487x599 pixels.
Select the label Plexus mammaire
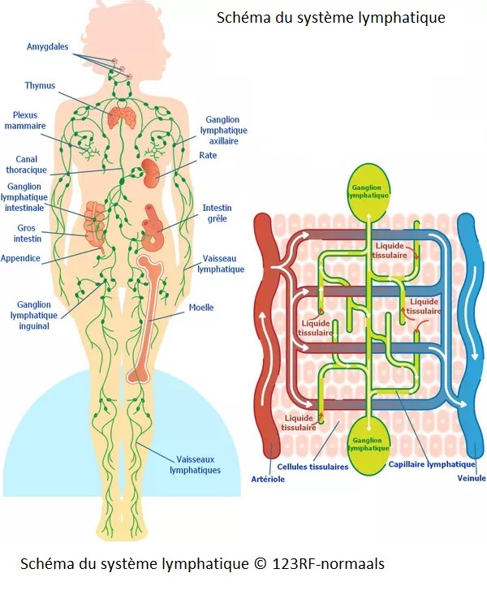[x=25, y=120]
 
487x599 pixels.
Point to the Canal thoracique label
[x=26, y=165]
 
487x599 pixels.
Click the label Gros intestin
[x=26, y=234]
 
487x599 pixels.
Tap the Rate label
[x=208, y=155]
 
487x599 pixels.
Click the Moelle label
[x=201, y=308]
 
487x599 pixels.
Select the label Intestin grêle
[x=215, y=213]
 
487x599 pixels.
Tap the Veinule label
[x=472, y=478]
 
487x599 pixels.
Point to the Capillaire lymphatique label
[x=432, y=464]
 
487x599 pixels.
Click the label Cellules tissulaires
[x=312, y=467]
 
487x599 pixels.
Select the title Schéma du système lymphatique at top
[x=330, y=17]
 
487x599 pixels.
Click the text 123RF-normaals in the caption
[x=326, y=563]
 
